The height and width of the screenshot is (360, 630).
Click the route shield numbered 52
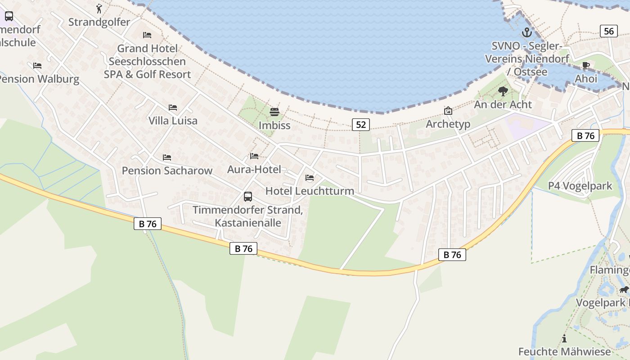360,125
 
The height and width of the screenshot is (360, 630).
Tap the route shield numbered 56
608,31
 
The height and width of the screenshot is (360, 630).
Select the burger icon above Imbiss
274,112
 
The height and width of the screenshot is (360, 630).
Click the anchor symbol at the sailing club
526,32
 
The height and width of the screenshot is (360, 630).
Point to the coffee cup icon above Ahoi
585,66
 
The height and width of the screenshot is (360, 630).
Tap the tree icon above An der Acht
503,92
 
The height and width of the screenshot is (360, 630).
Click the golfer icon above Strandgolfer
99,9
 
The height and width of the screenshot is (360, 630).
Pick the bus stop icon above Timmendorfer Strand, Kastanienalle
247,197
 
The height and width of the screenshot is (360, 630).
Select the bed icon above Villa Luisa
173,108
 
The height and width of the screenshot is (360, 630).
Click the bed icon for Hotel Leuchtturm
310,178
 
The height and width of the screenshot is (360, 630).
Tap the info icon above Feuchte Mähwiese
564,339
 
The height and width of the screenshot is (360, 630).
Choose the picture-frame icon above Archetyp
448,111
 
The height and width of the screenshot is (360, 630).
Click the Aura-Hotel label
254,170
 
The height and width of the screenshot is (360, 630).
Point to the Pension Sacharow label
167,171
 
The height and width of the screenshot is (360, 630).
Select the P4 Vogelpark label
580,186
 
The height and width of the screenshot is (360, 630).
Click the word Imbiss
274,126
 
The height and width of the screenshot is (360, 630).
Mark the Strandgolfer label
99,22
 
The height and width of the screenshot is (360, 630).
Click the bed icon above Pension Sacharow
167,157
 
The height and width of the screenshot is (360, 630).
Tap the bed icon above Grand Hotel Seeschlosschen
147,35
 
